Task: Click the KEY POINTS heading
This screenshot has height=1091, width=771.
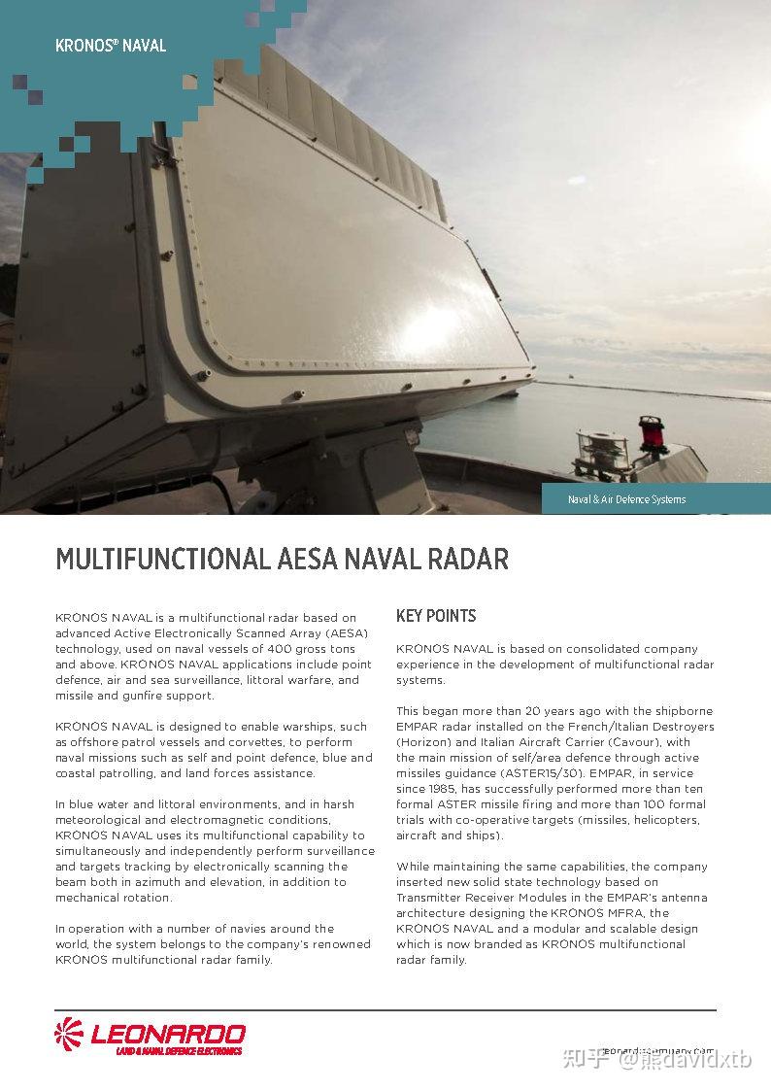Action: tap(436, 616)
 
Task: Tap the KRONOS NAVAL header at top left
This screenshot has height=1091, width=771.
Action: tap(111, 46)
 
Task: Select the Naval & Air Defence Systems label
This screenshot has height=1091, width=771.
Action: tap(626, 499)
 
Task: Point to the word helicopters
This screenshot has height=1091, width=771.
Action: tap(664, 820)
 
